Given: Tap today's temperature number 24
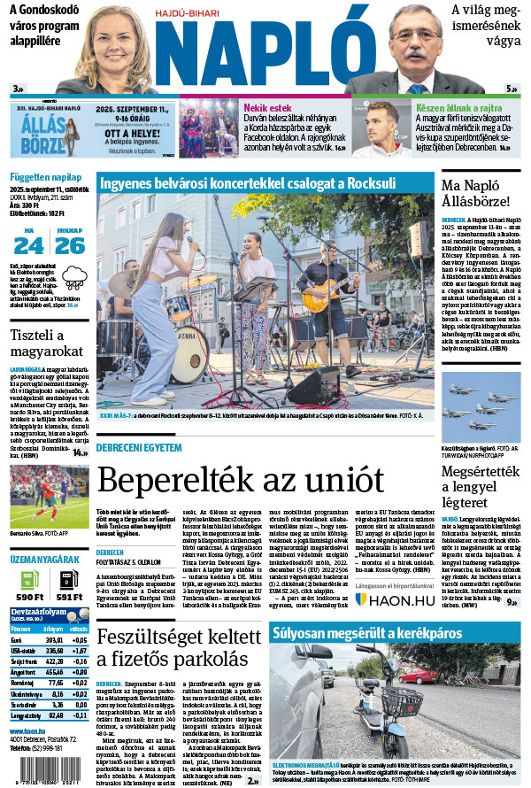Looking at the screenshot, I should click(x=27, y=245).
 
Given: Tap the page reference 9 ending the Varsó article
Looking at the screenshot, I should click(x=512, y=603).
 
